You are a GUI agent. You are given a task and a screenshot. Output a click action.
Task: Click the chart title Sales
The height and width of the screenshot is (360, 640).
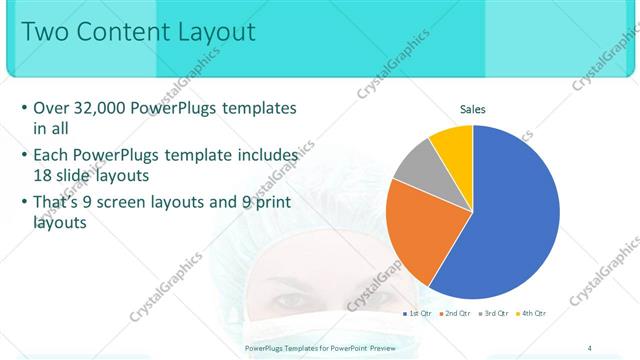pyautogui.click(x=473, y=108)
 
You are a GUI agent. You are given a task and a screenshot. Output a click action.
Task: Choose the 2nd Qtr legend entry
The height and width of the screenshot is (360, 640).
pyautogui.click(x=457, y=313)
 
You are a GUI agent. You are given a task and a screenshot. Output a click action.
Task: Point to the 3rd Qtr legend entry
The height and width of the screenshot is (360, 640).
pyautogui.click(x=495, y=313)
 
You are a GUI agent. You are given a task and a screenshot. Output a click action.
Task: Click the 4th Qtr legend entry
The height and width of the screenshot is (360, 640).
pyautogui.click(x=533, y=313)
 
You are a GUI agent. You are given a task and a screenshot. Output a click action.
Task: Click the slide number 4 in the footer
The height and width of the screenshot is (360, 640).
pyautogui.click(x=590, y=347)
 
